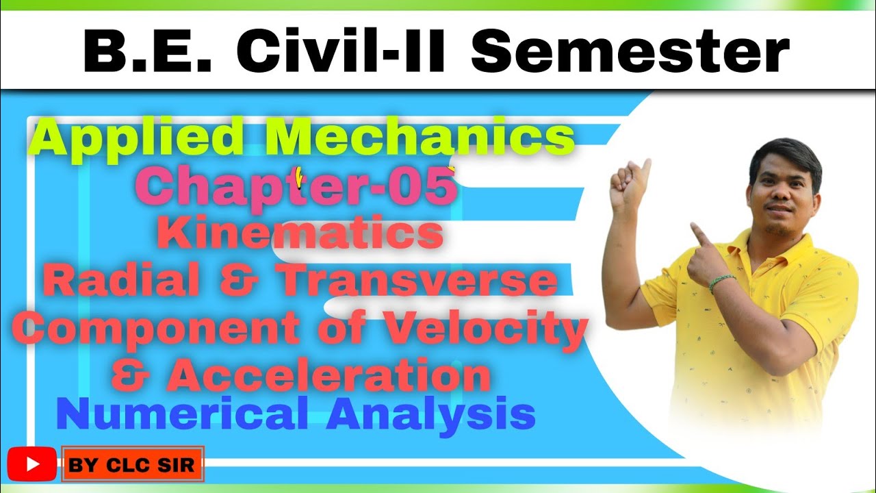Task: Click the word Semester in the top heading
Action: tap(630, 53)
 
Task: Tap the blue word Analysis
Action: tap(430, 415)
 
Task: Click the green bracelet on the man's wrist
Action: tap(722, 281)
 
